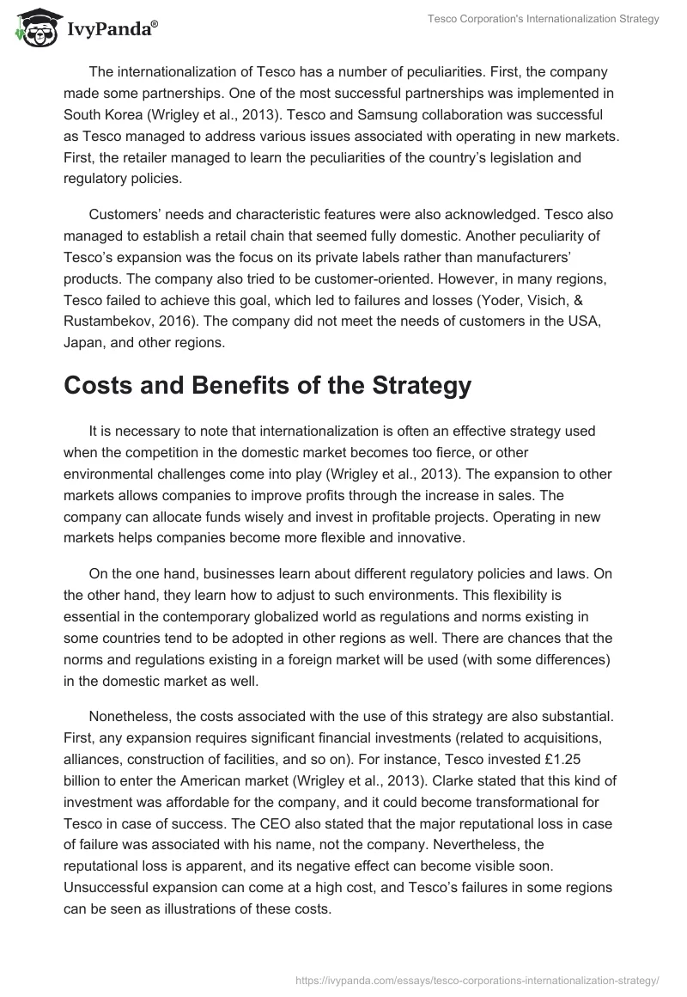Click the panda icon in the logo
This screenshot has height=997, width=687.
pos(33,29)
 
